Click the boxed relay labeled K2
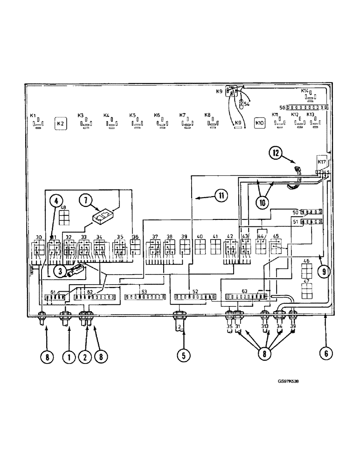point(60,124)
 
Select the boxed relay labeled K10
point(260,124)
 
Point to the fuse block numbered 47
point(306,290)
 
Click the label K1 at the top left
point(33,115)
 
